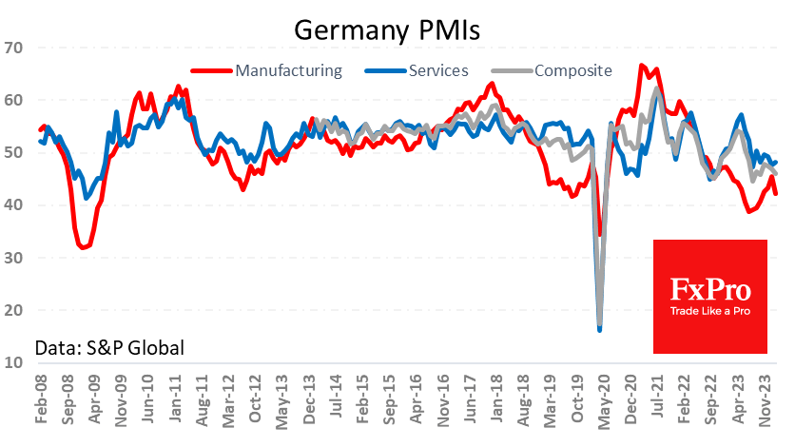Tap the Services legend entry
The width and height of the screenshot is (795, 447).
point(437,69)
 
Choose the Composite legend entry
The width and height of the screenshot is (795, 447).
point(572,69)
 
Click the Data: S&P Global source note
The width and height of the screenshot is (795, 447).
point(109,347)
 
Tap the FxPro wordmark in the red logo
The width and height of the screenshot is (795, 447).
point(710,288)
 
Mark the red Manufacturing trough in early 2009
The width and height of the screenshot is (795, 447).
point(84,247)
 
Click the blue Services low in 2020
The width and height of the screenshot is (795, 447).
point(599,329)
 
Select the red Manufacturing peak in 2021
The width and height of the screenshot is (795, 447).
point(643,66)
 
